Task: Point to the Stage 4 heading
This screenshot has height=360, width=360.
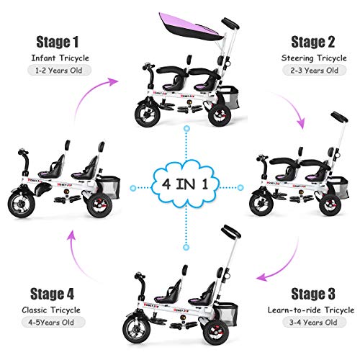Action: (x=55, y=293)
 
